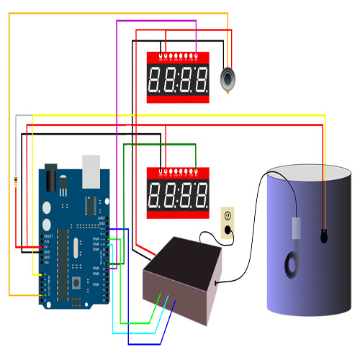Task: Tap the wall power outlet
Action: (228, 222)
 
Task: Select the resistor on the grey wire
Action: (16, 181)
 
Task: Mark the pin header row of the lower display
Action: (179, 173)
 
